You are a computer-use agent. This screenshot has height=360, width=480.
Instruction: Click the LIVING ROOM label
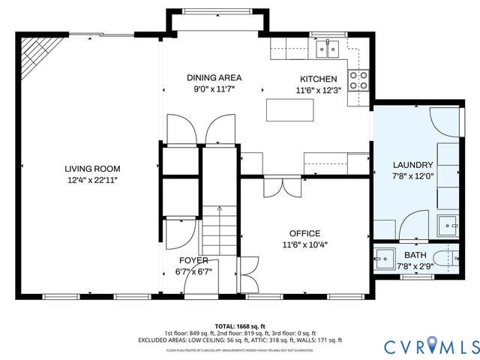[x=92, y=169]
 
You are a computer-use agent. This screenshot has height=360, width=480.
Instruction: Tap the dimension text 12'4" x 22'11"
[x=92, y=180]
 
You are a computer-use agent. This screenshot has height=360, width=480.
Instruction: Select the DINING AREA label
[x=214, y=77]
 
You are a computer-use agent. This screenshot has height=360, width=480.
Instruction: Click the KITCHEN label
[x=319, y=79]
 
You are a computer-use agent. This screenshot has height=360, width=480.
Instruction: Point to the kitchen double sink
[x=328, y=50]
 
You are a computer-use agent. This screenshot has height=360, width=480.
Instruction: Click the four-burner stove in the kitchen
[x=359, y=79]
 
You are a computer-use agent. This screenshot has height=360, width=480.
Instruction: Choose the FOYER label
[x=193, y=260]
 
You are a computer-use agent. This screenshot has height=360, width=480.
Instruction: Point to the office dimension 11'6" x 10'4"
[x=304, y=244]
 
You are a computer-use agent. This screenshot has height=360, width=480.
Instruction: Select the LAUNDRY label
[x=412, y=165]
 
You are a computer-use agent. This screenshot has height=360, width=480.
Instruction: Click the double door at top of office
[x=283, y=185]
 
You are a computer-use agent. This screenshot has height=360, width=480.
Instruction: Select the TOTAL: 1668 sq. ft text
[x=240, y=326]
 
